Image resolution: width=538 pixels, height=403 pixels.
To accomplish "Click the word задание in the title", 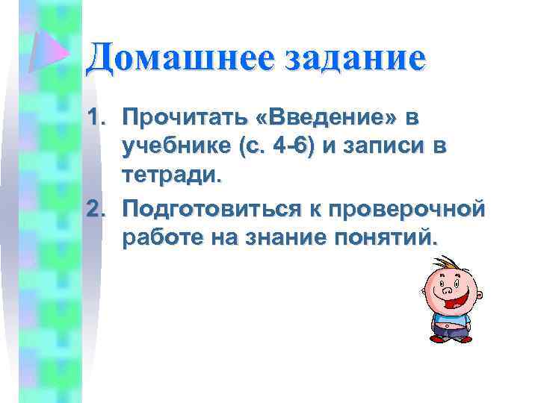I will [353, 59].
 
